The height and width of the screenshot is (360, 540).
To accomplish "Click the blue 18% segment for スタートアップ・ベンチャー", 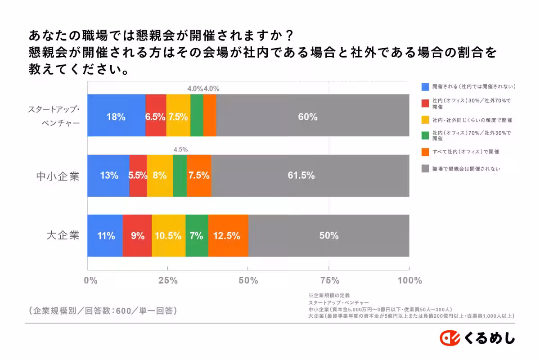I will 116,116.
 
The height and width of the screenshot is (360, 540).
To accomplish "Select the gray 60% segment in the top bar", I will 312,116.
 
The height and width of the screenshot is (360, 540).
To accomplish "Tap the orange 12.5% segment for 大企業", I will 228,236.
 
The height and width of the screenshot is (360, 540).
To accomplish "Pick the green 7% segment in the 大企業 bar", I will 197,236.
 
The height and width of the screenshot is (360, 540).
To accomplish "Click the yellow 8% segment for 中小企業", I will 159,175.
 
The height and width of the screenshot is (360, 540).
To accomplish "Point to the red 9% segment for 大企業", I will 137,236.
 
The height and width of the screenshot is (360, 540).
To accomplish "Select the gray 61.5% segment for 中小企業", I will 310,175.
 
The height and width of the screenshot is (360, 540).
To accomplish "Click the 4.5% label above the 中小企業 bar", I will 180,149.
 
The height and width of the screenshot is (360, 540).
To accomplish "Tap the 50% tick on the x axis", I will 248,281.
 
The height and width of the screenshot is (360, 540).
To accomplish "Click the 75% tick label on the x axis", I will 329,281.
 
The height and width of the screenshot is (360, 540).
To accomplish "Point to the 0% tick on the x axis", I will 90,281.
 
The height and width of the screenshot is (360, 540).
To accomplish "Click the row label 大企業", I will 63,235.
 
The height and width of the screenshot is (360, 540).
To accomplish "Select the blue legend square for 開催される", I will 425,86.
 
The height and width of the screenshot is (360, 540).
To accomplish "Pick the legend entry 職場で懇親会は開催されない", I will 466,169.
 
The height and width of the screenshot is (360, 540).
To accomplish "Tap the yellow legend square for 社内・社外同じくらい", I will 425,120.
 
